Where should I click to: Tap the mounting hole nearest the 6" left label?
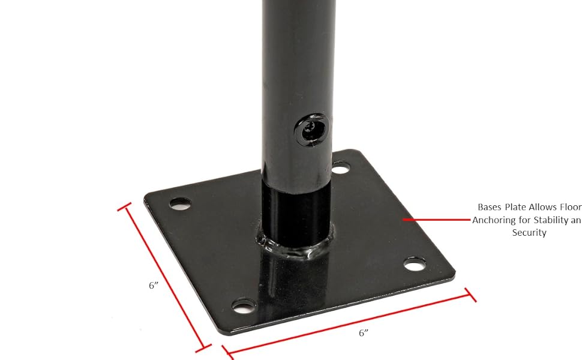(179, 204)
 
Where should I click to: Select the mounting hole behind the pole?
(341, 167)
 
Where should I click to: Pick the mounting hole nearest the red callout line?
(413, 263)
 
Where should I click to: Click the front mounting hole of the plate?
(242, 307)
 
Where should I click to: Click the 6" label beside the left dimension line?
(153, 286)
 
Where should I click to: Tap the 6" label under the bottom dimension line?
(362, 333)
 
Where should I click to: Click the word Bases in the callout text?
(491, 207)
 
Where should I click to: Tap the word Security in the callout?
(529, 233)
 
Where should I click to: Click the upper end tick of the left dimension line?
(125, 207)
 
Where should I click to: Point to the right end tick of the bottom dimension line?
(470, 295)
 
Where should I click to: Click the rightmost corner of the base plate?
(454, 276)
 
